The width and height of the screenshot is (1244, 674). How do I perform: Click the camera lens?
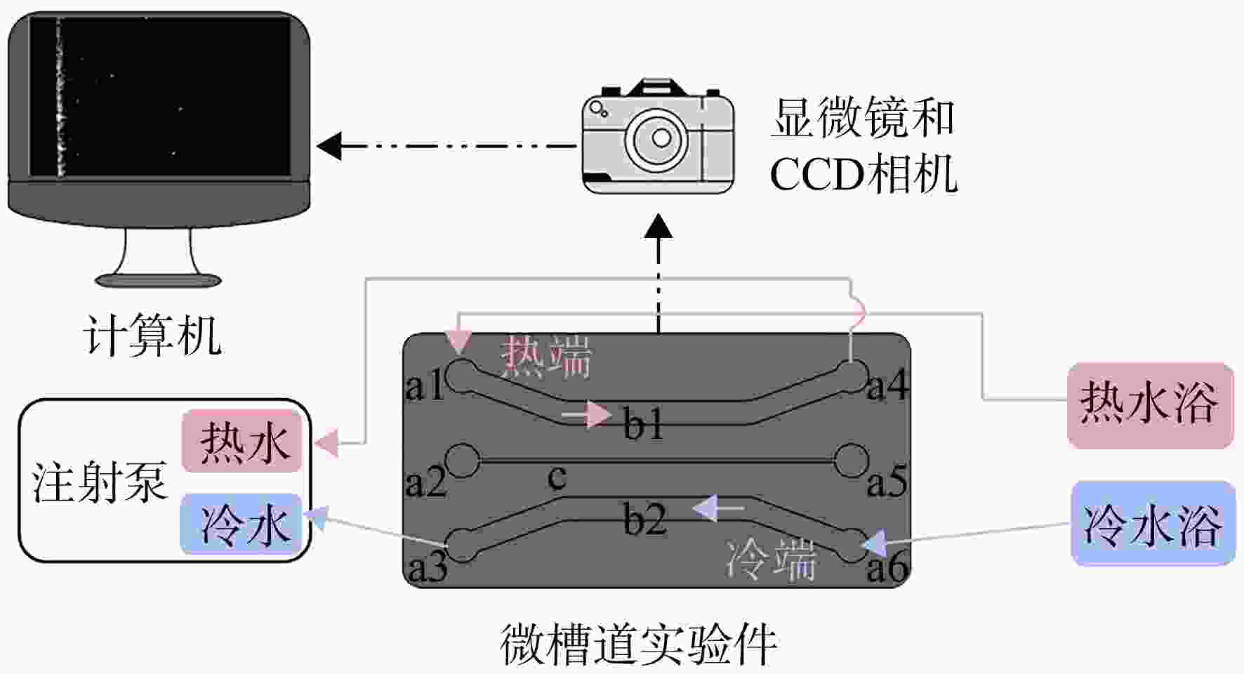click(660, 138)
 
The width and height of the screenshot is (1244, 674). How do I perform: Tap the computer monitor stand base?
click(159, 281)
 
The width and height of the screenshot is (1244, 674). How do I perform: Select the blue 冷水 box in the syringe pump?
click(242, 524)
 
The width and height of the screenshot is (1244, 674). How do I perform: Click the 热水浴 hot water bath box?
click(1150, 405)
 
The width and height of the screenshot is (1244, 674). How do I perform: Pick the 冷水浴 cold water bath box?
click(1153, 524)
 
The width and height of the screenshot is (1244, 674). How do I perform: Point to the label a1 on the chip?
click(425, 385)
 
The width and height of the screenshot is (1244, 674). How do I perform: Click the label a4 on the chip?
click(887, 385)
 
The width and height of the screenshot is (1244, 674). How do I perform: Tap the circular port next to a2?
click(463, 461)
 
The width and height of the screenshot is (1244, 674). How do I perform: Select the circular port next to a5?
click(852, 461)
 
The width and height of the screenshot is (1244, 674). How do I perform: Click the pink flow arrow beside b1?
click(587, 415)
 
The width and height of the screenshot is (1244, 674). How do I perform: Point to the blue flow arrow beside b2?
click(717, 508)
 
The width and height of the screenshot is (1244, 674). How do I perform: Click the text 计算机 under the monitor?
click(152, 335)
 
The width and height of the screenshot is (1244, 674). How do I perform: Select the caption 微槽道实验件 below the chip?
click(639, 644)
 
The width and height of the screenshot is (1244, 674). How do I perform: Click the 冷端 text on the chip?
click(771, 559)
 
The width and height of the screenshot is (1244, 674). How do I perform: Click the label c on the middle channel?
click(557, 477)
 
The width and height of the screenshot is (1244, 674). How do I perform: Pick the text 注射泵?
click(99, 482)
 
